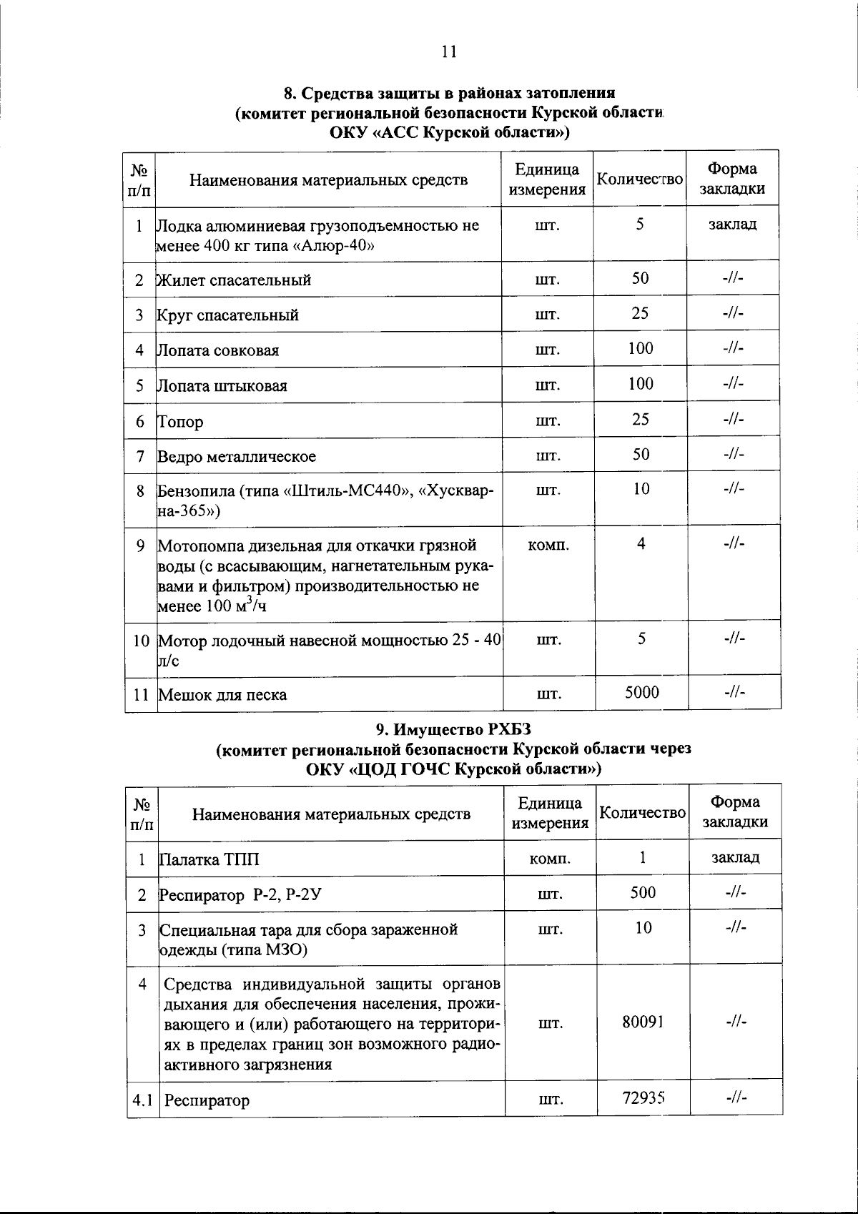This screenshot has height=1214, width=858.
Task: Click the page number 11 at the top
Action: (x=449, y=51)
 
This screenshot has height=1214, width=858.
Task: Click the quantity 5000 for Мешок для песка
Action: (x=641, y=692)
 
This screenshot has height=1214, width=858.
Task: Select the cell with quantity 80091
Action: (x=643, y=1022)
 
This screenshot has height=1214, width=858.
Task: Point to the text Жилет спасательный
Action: (x=234, y=280)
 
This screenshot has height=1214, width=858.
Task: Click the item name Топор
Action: (x=180, y=421)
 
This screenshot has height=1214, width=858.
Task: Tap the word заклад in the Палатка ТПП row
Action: (x=735, y=857)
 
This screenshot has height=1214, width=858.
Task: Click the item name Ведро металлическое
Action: (x=236, y=456)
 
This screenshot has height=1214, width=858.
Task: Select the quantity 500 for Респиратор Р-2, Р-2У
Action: (x=643, y=892)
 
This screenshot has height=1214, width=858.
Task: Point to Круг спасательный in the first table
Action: (x=228, y=315)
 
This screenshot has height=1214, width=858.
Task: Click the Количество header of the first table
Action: (x=639, y=179)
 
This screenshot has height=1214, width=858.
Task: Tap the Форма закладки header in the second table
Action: (x=735, y=811)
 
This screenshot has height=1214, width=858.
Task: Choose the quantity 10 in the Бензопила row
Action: (x=641, y=488)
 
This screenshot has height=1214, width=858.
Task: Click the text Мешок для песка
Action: (x=222, y=694)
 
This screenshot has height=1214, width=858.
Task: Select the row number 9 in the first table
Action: (x=140, y=546)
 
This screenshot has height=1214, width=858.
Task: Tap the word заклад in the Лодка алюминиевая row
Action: (x=732, y=224)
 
